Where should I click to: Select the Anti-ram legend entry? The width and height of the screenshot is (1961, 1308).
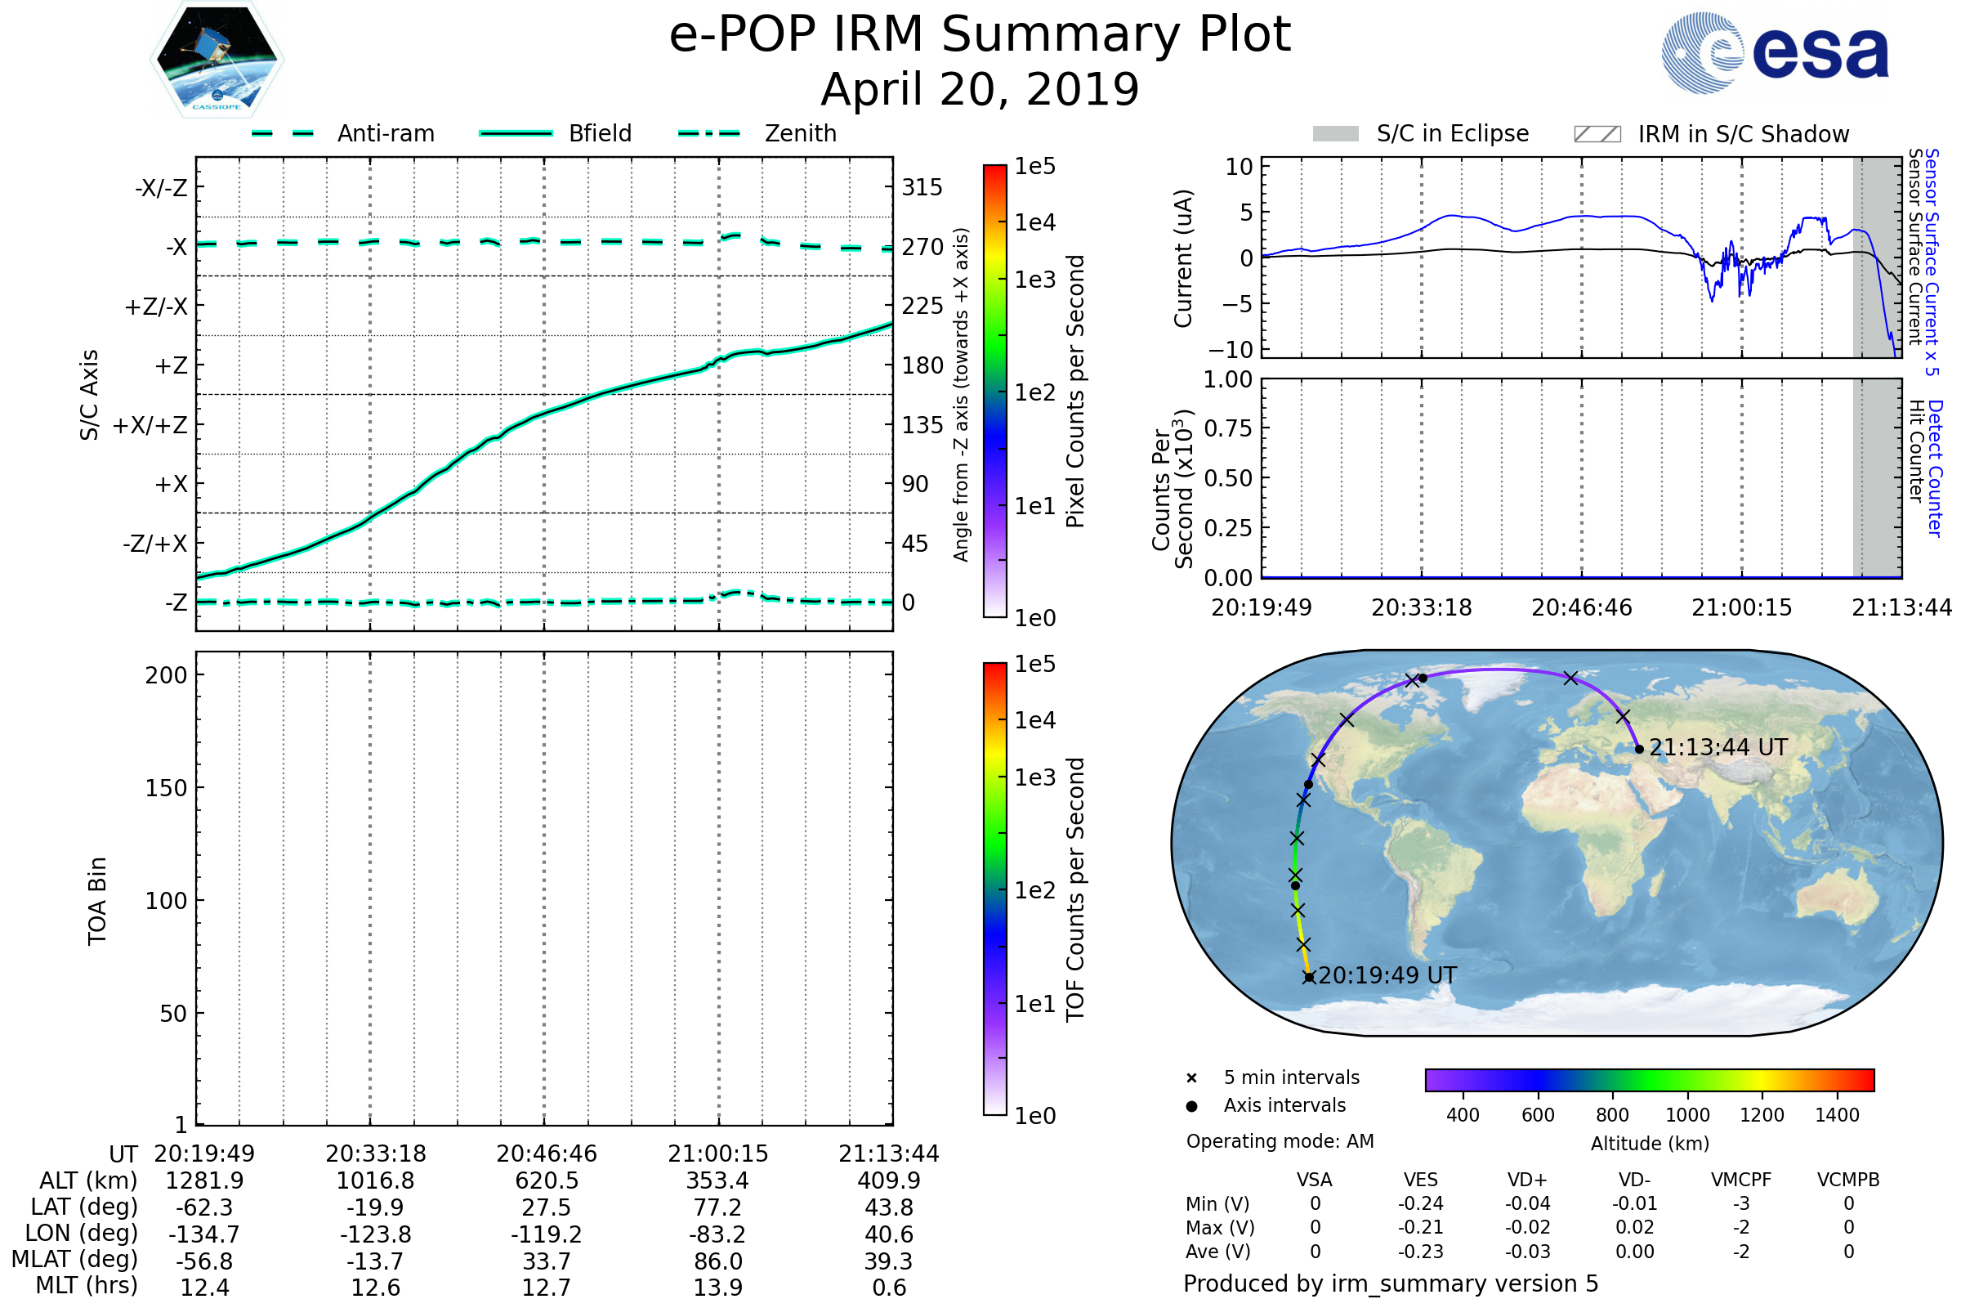pos(343,133)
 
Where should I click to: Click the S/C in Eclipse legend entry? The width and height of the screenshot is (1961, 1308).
pos(1421,133)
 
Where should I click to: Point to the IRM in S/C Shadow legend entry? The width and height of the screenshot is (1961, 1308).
pos(1711,134)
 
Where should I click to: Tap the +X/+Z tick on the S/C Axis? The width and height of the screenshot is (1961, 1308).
pos(150,425)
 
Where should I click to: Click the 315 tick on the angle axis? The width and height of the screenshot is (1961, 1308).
pos(922,187)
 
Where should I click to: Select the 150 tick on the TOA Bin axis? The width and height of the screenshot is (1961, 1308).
pos(166,788)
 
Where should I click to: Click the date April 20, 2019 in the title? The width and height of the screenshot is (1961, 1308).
pos(980,89)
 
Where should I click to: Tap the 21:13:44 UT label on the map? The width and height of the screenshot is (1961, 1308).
pos(1718,747)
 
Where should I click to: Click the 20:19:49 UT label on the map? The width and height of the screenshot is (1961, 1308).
pos(1387,975)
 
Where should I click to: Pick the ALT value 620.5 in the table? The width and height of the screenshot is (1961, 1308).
pos(546,1180)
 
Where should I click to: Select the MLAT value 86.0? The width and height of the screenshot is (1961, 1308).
pos(718,1261)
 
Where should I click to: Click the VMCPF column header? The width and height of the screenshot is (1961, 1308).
pos(1741,1180)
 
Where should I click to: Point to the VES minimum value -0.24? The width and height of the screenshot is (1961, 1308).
pos(1420,1203)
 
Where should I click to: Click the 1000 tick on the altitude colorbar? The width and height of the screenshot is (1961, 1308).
pos(1686,1115)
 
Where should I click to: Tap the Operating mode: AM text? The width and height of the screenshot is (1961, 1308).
pos(1280,1141)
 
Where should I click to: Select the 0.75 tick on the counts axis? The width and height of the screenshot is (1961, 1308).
pos(1228,428)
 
